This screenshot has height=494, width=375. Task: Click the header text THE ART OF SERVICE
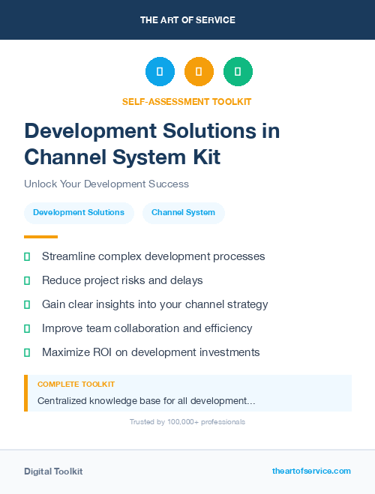click(187, 19)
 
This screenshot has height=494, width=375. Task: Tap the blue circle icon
click(160, 72)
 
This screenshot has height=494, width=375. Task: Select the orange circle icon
click(199, 72)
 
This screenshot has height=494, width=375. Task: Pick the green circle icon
click(238, 72)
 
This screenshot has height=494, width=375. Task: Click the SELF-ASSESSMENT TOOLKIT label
click(187, 101)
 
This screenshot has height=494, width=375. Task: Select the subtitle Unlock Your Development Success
click(106, 184)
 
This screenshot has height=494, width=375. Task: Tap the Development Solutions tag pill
click(79, 212)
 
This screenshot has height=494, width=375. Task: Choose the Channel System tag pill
click(183, 212)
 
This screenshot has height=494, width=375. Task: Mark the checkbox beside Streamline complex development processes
click(27, 256)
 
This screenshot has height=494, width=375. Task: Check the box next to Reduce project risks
click(27, 280)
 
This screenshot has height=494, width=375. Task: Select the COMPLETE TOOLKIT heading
click(76, 385)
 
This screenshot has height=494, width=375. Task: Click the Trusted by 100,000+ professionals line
click(187, 422)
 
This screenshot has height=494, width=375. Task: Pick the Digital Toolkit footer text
click(53, 472)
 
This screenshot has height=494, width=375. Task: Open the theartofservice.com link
click(311, 471)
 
